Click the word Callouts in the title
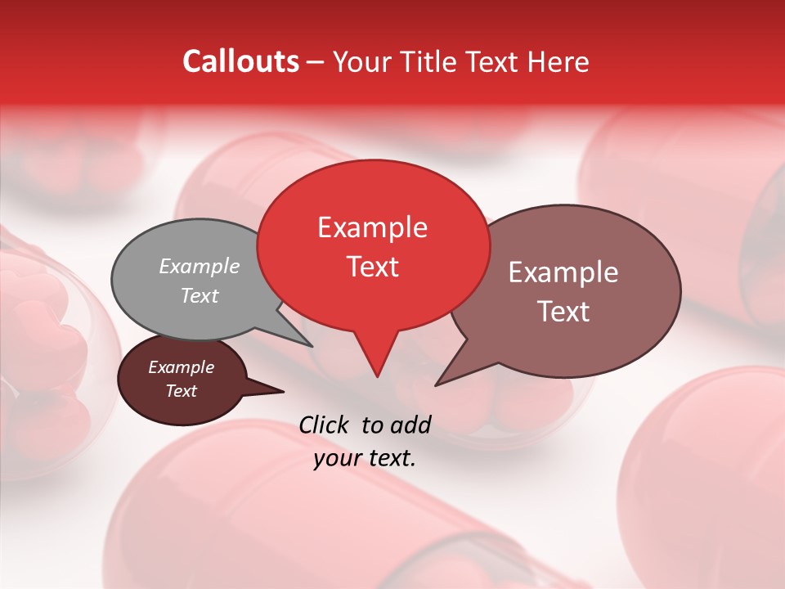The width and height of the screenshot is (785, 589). pyautogui.click(x=240, y=61)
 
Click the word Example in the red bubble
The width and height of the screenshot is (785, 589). pyautogui.click(x=372, y=227)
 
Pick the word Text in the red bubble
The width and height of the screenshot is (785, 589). pyautogui.click(x=372, y=267)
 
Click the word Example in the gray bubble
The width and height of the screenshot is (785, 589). pyautogui.click(x=199, y=266)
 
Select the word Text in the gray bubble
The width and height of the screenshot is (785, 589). pyautogui.click(x=199, y=296)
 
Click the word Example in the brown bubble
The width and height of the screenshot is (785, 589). pyautogui.click(x=563, y=272)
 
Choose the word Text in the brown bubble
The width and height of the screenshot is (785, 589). pyautogui.click(x=564, y=312)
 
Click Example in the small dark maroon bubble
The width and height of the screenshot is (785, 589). pyautogui.click(x=181, y=367)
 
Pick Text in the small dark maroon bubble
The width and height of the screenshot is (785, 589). pyautogui.click(x=181, y=391)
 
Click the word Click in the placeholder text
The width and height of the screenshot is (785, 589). pyautogui.click(x=325, y=425)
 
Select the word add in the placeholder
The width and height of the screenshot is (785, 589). pyautogui.click(x=412, y=425)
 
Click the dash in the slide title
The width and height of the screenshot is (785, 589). pyautogui.click(x=316, y=62)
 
